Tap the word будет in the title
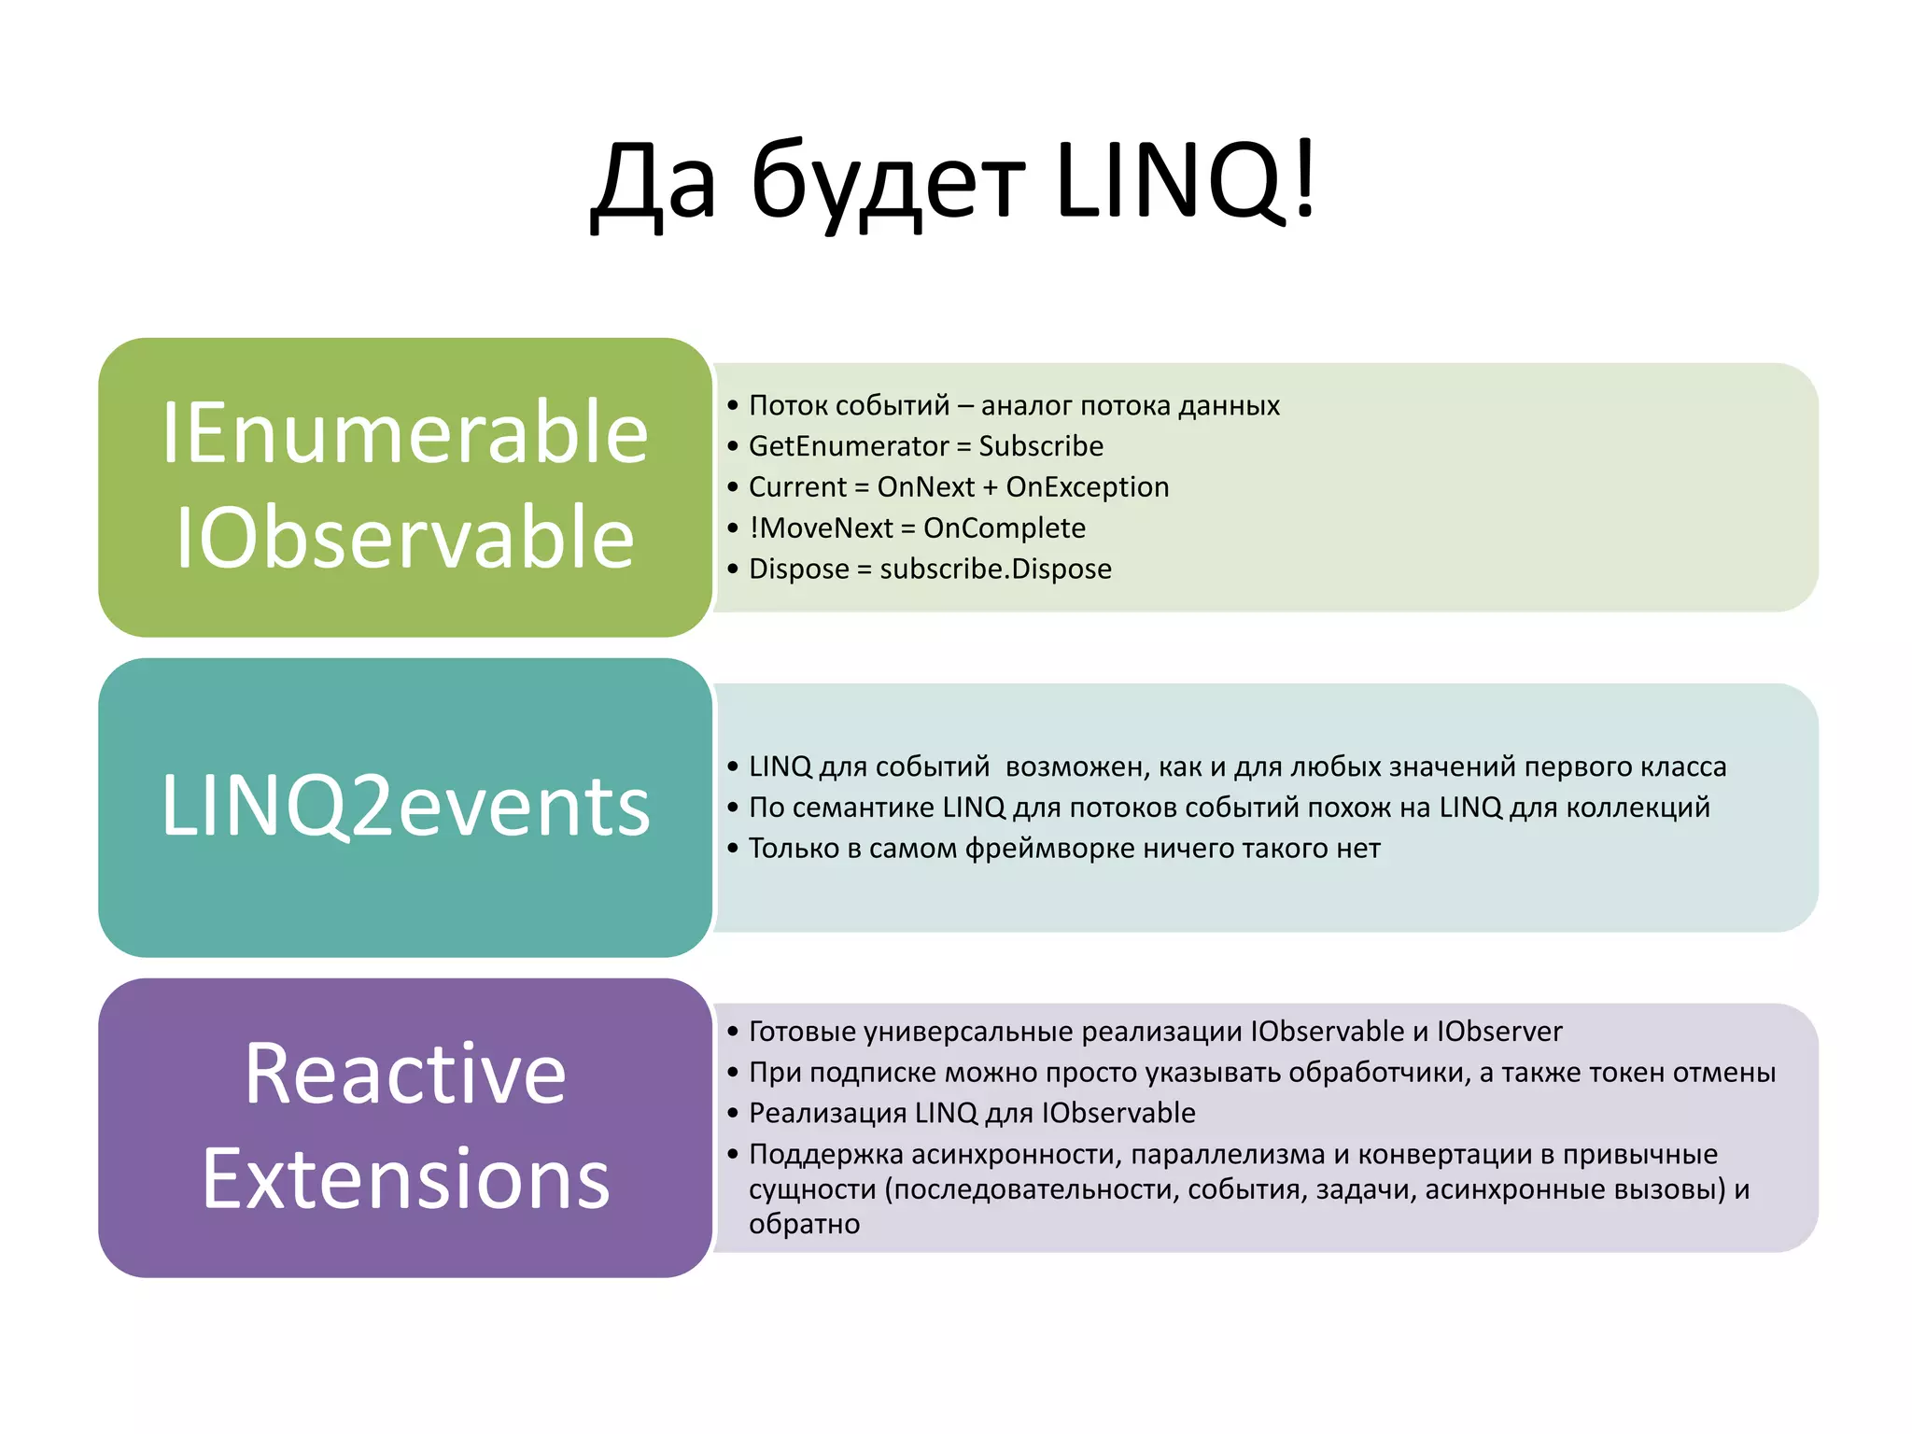(x=887, y=182)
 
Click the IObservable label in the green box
(x=405, y=537)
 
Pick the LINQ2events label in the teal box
(x=405, y=806)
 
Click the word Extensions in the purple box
(x=405, y=1179)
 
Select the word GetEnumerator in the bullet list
(x=848, y=446)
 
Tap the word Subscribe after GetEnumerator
(x=1041, y=446)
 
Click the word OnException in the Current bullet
(x=1088, y=487)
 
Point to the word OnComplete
(x=1005, y=528)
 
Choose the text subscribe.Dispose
(x=996, y=569)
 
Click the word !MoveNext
(x=822, y=528)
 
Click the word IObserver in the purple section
(x=1499, y=1032)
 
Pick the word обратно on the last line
(x=804, y=1224)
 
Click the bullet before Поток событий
(x=733, y=405)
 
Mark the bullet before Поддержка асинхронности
(x=733, y=1154)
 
